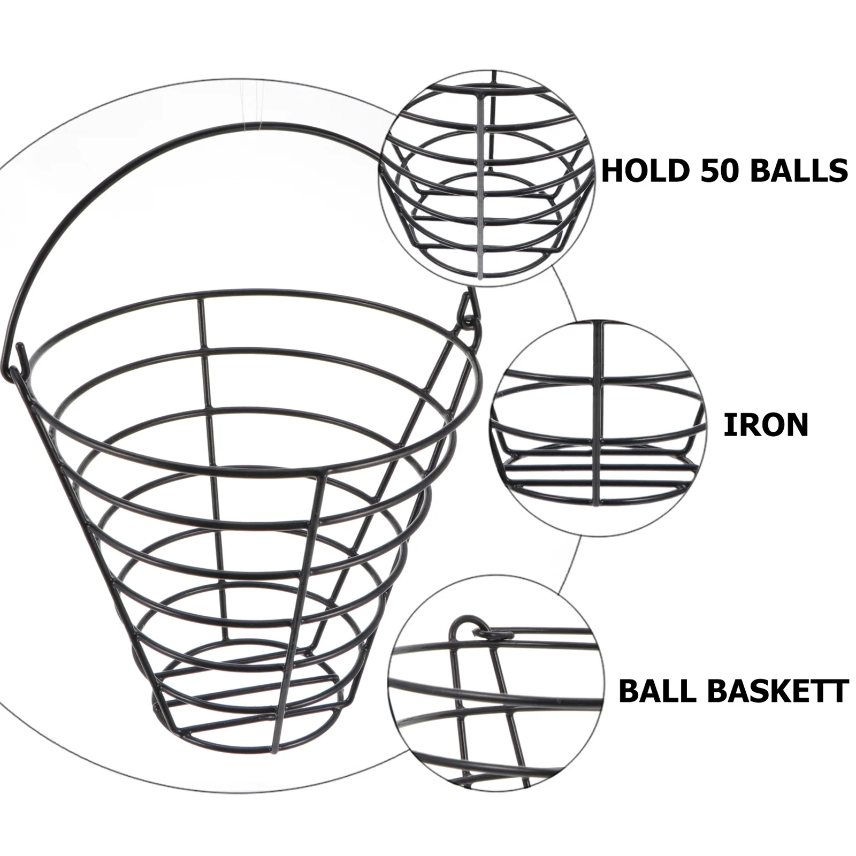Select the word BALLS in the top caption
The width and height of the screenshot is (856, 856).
point(797,171)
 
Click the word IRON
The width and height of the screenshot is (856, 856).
point(766,425)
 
